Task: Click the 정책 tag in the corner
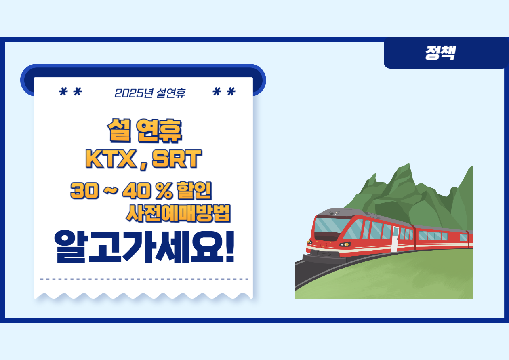click(440, 53)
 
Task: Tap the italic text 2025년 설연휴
click(150, 93)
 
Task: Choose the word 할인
click(194, 191)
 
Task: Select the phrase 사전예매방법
click(178, 213)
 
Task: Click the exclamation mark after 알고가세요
click(229, 246)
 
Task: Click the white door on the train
click(395, 239)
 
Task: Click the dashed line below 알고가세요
click(144, 279)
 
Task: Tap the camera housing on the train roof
click(333, 213)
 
